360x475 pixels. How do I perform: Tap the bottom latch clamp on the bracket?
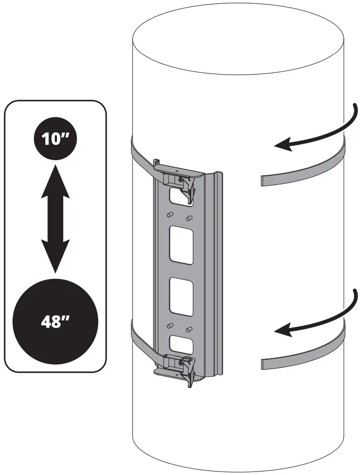[182, 369]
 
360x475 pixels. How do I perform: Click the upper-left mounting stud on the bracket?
[170, 214]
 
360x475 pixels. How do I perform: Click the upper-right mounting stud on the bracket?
[189, 218]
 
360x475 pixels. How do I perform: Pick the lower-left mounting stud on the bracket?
[170, 325]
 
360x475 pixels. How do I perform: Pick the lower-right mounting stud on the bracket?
[189, 329]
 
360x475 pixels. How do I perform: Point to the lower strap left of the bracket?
[141, 340]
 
